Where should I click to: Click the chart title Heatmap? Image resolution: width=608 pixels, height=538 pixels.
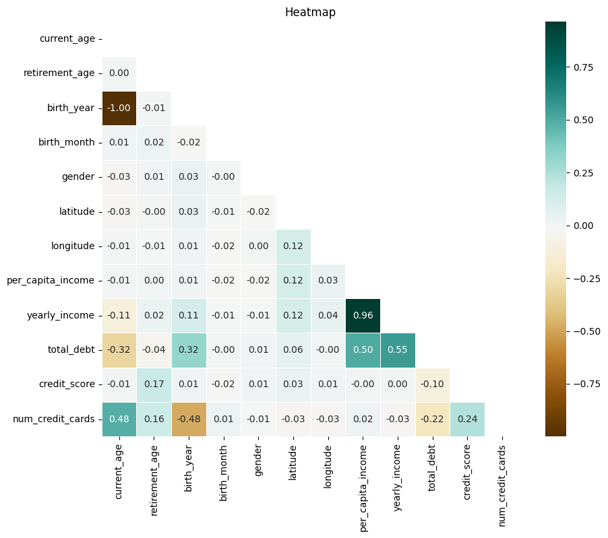(310, 12)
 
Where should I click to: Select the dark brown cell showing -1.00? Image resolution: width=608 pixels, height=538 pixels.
(119, 108)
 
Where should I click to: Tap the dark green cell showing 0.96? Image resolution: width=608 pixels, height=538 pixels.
(363, 315)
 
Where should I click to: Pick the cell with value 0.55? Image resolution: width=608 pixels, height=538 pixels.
(398, 350)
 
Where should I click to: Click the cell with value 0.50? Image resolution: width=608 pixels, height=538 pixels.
(363, 350)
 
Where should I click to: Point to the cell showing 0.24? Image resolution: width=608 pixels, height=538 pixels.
(467, 419)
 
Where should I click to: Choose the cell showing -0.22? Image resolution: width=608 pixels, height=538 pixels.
(432, 419)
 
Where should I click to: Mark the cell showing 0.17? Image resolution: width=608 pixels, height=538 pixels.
(154, 384)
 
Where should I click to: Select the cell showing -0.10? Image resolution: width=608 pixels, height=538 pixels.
(432, 384)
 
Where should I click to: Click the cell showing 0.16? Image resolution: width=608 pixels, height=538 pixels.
(154, 419)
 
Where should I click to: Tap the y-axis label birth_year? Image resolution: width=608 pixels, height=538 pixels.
(71, 108)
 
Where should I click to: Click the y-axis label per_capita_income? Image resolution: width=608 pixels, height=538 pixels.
(51, 280)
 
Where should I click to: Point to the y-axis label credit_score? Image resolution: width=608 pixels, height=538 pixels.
(67, 384)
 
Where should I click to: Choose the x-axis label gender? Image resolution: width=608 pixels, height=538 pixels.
(258, 461)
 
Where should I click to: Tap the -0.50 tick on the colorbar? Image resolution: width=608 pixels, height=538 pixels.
(585, 331)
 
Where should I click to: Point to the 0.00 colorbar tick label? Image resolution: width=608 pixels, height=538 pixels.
(583, 226)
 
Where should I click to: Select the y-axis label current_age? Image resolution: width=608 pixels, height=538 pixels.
(67, 38)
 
